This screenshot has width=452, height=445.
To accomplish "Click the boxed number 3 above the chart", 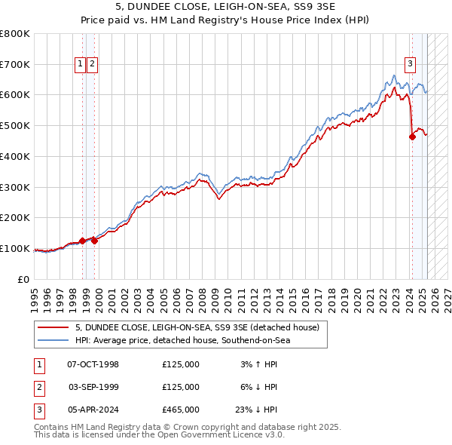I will coord(411,64).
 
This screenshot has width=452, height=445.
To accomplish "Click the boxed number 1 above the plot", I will coord(80,64).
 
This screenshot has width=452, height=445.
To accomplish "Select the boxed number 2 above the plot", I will coord(91,64).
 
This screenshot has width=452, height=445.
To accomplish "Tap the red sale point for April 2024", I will coord(412,137).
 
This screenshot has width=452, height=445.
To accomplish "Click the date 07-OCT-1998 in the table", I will coord(93,364).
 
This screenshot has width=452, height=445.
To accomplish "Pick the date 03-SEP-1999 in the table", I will coord(93,387).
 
